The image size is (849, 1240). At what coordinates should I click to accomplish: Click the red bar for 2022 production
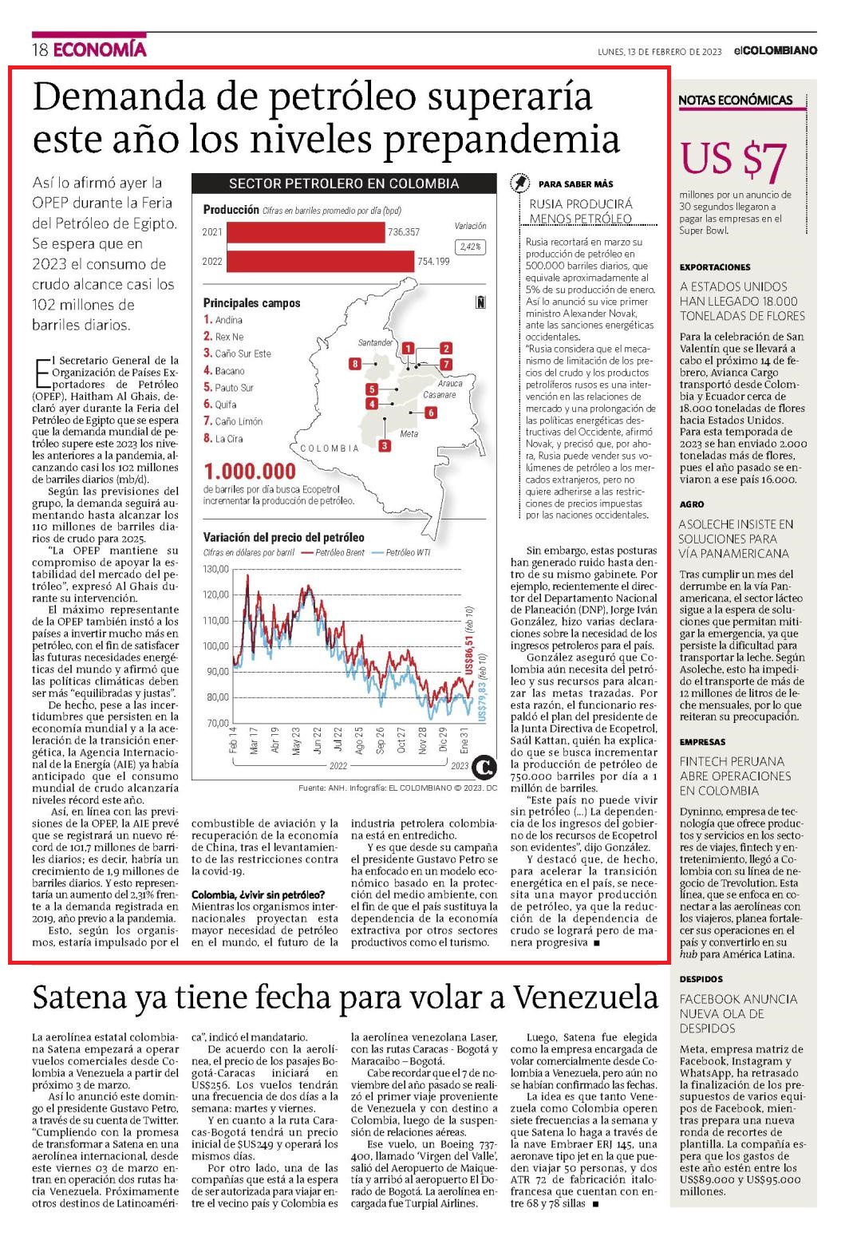tap(321, 261)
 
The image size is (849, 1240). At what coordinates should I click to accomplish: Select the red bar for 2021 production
tap(306, 232)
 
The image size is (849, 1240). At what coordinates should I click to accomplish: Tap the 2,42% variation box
tap(471, 247)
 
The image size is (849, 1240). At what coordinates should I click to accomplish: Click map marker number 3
tap(384, 445)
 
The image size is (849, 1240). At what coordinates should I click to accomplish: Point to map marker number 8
tap(355, 364)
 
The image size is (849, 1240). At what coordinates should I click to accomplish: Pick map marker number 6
tap(430, 413)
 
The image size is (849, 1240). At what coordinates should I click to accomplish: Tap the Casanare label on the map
tap(440, 395)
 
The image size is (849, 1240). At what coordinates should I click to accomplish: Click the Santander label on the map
tap(375, 342)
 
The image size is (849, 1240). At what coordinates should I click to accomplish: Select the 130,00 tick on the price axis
tap(216, 569)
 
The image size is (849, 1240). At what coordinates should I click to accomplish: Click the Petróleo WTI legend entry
tap(402, 552)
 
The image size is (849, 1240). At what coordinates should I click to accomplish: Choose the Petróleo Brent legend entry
tap(334, 552)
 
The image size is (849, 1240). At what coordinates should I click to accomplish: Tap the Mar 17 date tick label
tap(254, 740)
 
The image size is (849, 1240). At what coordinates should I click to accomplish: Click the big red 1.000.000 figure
tap(251, 472)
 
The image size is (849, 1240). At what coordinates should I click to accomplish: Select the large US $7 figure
tap(733, 160)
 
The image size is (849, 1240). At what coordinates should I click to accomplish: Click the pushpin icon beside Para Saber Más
tap(519, 183)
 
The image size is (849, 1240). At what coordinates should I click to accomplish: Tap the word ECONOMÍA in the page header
tap(101, 49)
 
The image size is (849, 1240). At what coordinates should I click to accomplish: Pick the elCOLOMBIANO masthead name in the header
tap(776, 50)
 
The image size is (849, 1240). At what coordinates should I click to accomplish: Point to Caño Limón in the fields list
tap(239, 421)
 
